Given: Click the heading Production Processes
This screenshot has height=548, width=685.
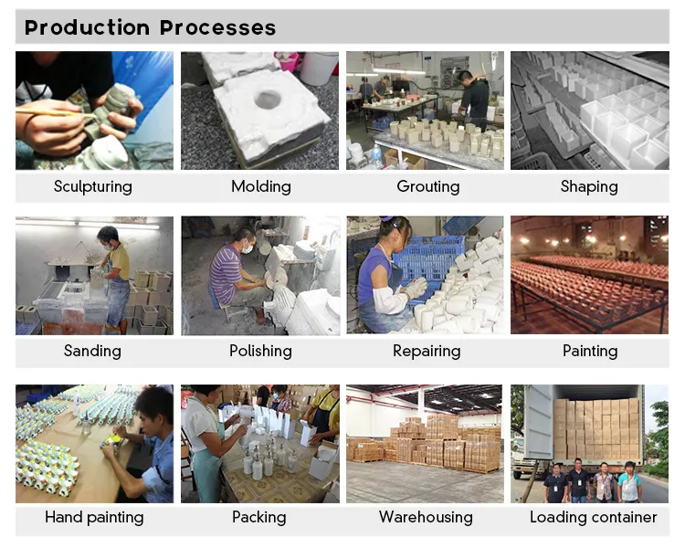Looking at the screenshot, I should click(150, 26).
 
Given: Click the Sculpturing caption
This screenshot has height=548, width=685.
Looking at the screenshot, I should click(92, 186).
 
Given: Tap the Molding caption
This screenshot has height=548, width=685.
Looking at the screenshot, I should click(260, 186).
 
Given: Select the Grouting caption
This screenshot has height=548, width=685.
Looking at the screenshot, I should click(427, 186).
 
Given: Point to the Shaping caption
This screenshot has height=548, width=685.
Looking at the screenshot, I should click(589, 186).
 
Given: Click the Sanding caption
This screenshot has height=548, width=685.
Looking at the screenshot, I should click(92, 351).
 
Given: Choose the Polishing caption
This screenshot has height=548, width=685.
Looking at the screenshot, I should click(260, 351).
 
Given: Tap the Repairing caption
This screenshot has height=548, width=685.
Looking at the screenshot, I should click(427, 351).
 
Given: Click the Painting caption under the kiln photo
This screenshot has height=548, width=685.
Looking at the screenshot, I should click(590, 351).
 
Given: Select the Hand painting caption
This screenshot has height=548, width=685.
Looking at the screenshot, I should click(94, 517).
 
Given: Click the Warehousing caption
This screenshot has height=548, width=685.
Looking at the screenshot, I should click(426, 517).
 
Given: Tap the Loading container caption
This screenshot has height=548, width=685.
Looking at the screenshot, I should click(593, 517).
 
